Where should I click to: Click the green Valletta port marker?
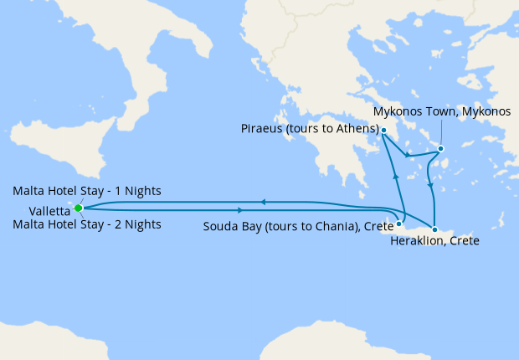[x=78, y=208]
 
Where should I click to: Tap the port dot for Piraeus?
[x=383, y=130]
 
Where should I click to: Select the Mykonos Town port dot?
[x=441, y=150]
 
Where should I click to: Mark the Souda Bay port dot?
[x=399, y=224]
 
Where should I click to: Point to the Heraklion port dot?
[x=434, y=229]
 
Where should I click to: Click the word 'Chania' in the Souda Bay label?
[x=322, y=225]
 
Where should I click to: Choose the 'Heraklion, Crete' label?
[x=434, y=241]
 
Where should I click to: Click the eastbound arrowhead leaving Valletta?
[x=241, y=209]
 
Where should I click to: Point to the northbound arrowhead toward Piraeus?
[x=394, y=175]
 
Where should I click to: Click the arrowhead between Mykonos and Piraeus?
[x=407, y=156]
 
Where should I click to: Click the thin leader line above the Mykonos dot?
[x=441, y=133]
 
